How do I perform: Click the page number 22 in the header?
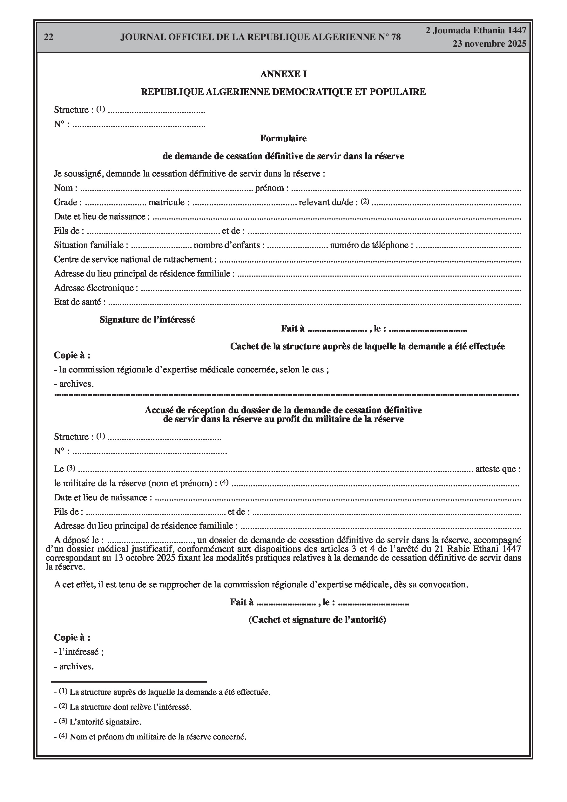(x=49, y=37)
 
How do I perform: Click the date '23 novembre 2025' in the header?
(x=489, y=44)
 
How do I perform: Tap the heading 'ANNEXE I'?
(x=283, y=74)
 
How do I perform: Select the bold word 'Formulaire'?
(x=283, y=138)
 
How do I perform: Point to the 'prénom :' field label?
(x=272, y=188)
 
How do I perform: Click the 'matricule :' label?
(x=169, y=202)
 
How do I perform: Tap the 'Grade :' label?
(x=68, y=202)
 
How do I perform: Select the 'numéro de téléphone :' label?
(x=371, y=245)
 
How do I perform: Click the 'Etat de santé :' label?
(x=80, y=302)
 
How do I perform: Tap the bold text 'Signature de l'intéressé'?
(x=147, y=320)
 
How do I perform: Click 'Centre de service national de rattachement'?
(x=135, y=259)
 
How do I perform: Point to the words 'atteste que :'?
(x=498, y=469)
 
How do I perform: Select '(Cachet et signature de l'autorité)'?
(x=317, y=620)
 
